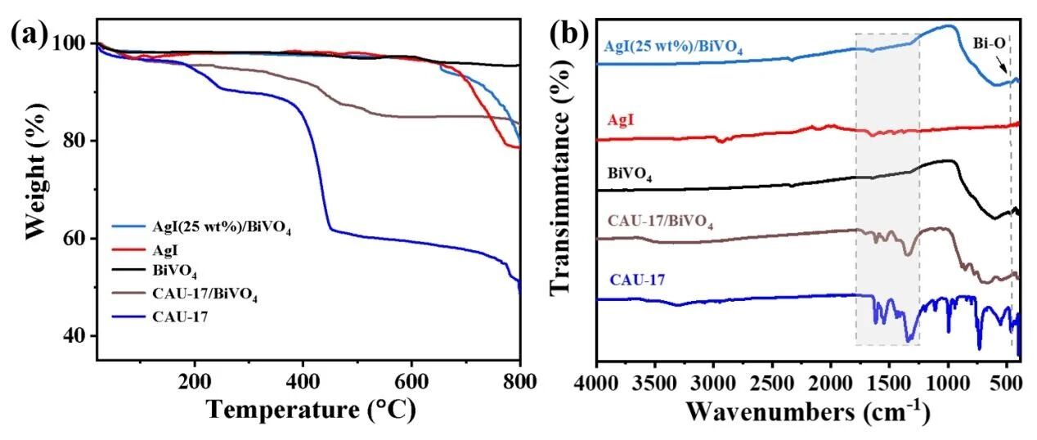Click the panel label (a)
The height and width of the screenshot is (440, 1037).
pos(29,36)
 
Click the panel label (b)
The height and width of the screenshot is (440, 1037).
pos(569,34)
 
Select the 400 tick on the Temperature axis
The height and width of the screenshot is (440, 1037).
pos(303,383)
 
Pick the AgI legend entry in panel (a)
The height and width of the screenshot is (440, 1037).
pos(165,250)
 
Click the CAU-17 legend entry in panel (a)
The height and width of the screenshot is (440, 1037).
pos(180,317)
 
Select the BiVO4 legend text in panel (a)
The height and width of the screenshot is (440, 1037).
pos(174,272)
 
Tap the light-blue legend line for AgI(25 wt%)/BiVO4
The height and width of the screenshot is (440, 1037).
pos(128,227)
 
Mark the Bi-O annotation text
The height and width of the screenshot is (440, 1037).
pos(989,43)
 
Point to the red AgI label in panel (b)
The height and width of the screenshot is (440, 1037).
pos(621,121)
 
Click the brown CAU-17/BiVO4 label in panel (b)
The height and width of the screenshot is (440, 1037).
pos(660,222)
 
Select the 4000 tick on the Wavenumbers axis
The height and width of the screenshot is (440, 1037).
pos(597,384)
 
